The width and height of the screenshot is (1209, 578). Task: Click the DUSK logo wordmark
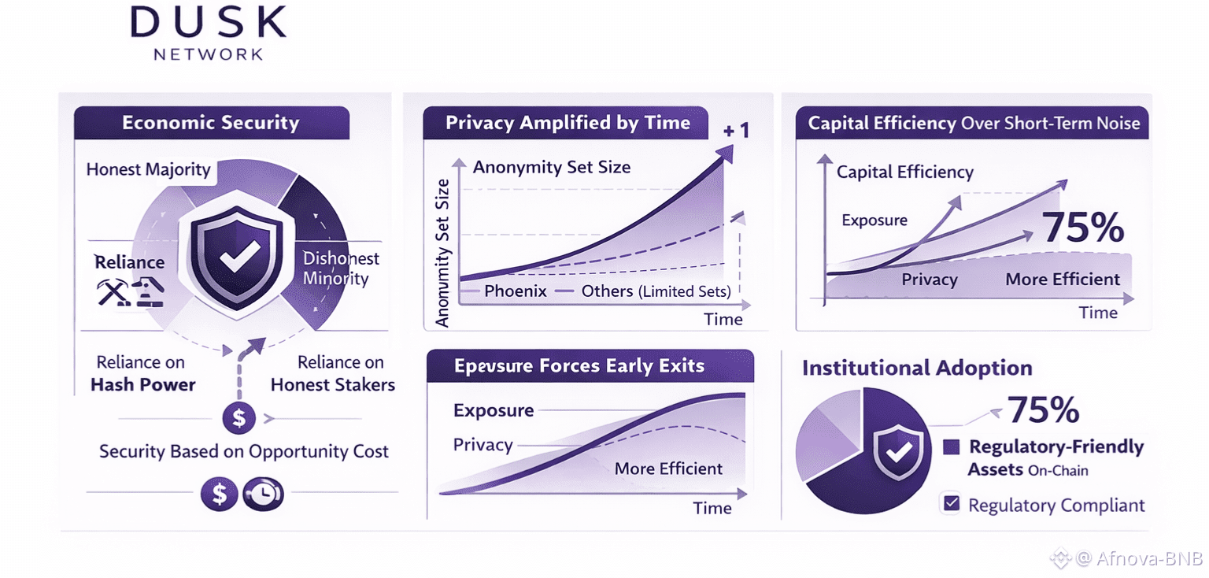click(209, 23)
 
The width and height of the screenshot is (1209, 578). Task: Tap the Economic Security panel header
click(212, 123)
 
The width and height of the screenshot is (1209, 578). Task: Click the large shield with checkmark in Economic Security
click(236, 258)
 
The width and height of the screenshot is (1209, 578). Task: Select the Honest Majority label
click(149, 169)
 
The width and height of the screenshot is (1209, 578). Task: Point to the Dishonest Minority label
click(341, 269)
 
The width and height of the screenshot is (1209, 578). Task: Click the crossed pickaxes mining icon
click(113, 292)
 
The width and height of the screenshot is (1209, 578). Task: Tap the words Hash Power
click(143, 384)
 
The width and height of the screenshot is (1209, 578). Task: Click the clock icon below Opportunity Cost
click(264, 494)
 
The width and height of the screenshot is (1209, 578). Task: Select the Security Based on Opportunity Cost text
click(244, 451)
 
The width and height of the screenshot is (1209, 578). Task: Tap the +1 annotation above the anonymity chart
click(736, 131)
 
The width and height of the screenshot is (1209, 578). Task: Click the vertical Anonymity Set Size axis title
click(442, 253)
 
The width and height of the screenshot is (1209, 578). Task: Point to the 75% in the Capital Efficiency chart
click(1083, 228)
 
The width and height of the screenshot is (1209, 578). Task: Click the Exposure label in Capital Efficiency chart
click(874, 220)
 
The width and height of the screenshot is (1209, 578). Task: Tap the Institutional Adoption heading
click(917, 368)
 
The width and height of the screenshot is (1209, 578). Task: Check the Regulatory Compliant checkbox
click(952, 503)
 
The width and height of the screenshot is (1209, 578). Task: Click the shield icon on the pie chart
click(897, 451)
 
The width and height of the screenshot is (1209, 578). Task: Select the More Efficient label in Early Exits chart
click(668, 469)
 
